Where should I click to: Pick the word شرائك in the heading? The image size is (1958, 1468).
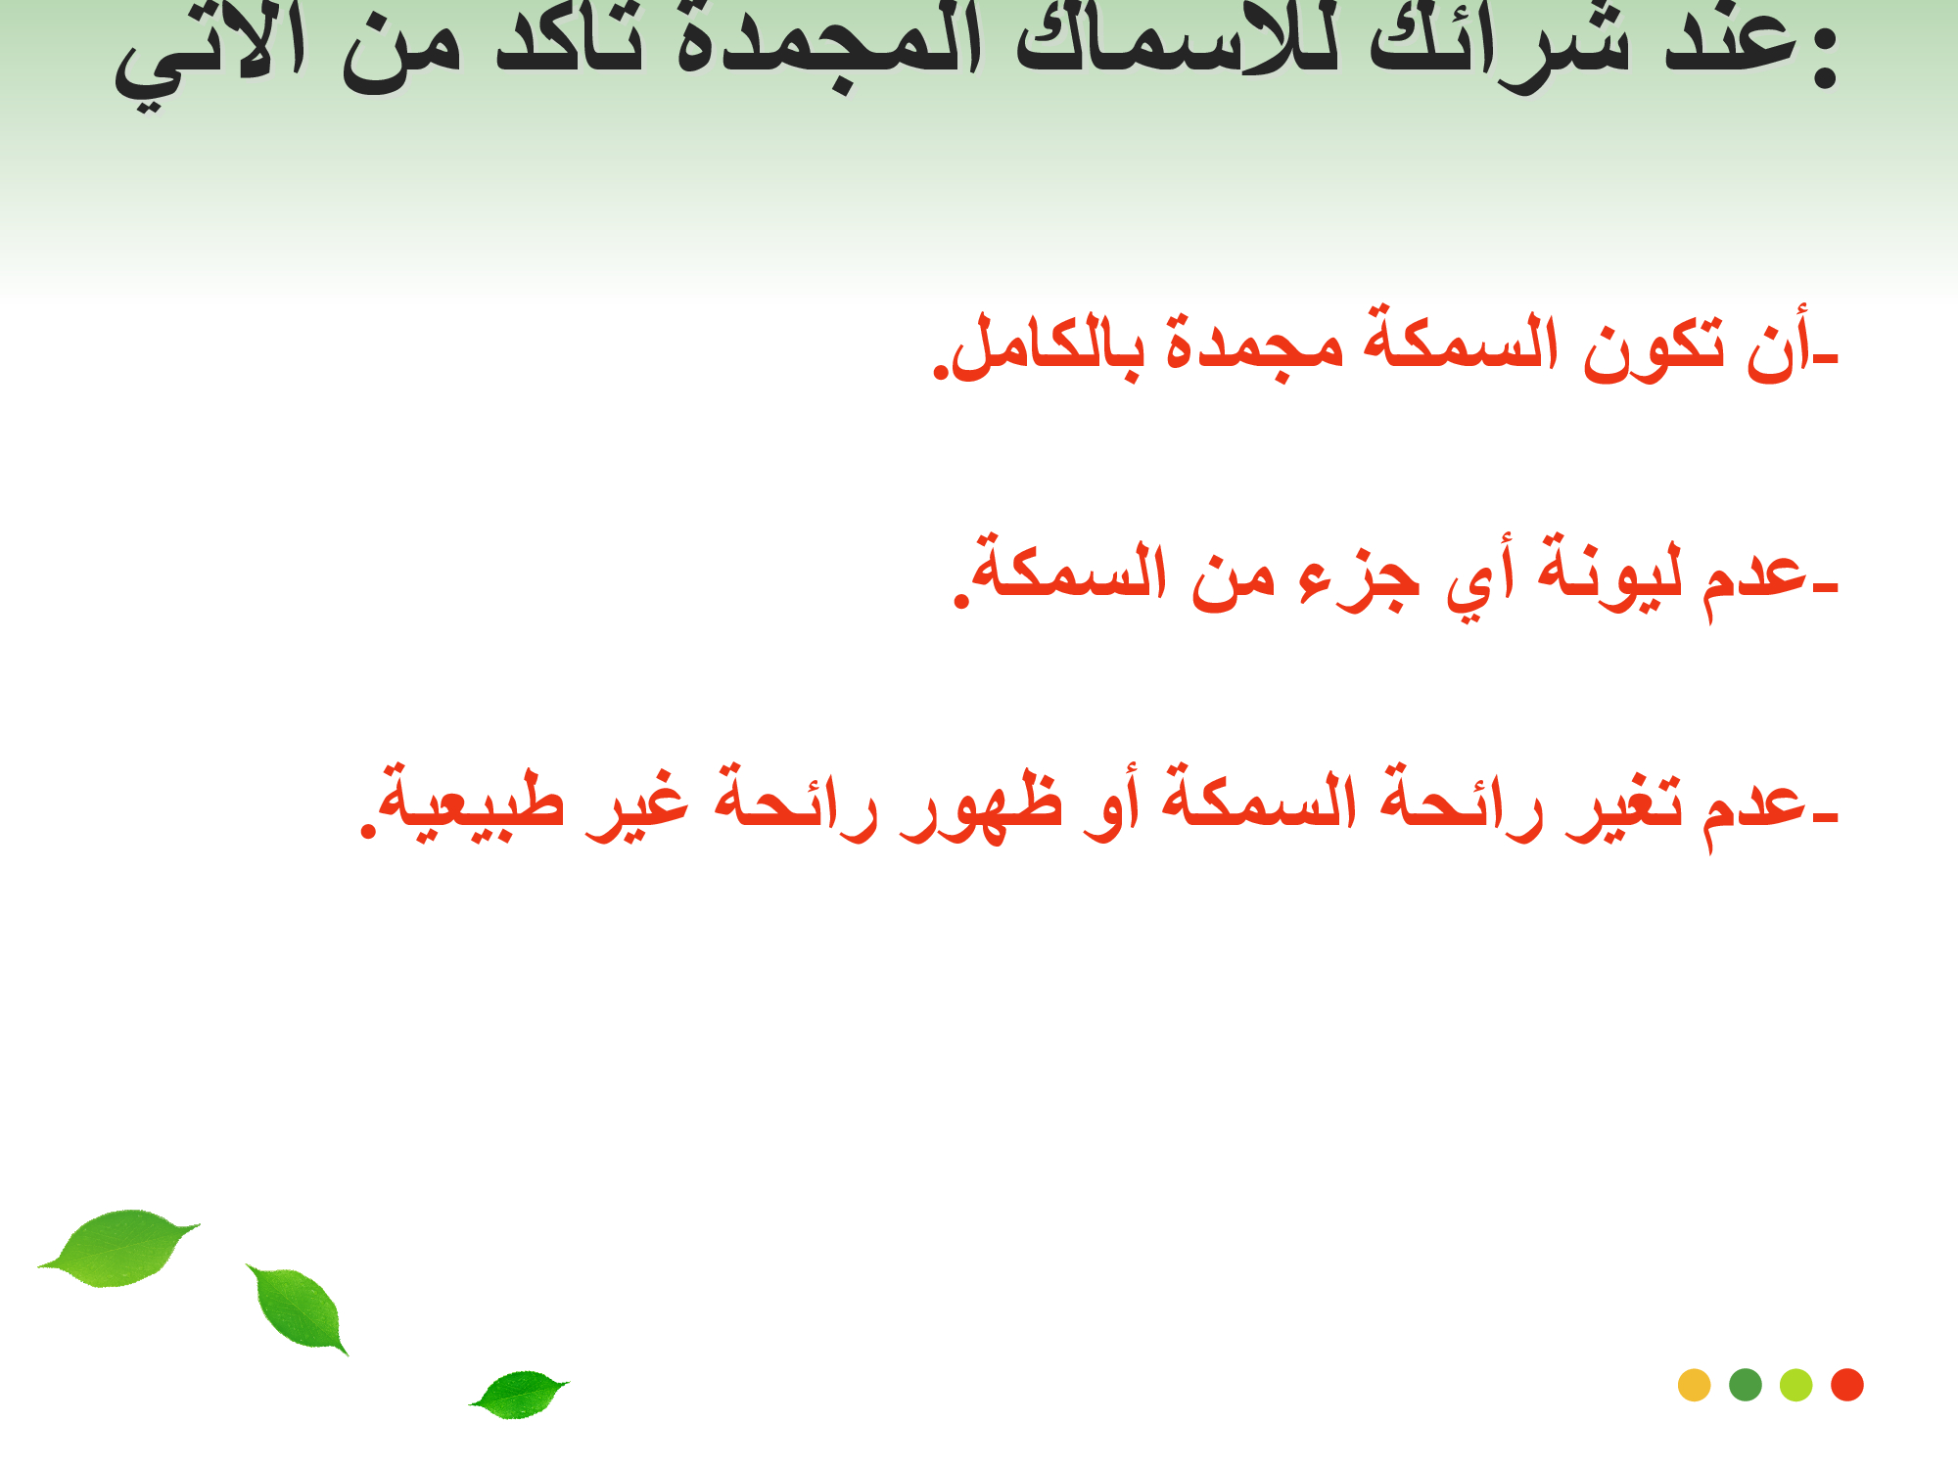(x=1499, y=44)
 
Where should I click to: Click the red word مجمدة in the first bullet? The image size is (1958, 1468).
(x=1255, y=347)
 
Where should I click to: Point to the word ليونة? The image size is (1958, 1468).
(x=1609, y=573)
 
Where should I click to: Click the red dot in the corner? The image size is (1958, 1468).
(x=1846, y=1385)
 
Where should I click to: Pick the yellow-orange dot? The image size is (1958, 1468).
(x=1694, y=1385)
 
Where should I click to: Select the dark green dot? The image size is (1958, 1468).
(x=1745, y=1385)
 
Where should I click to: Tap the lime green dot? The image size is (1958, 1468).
(x=1795, y=1385)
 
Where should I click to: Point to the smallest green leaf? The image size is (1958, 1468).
(x=519, y=1394)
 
